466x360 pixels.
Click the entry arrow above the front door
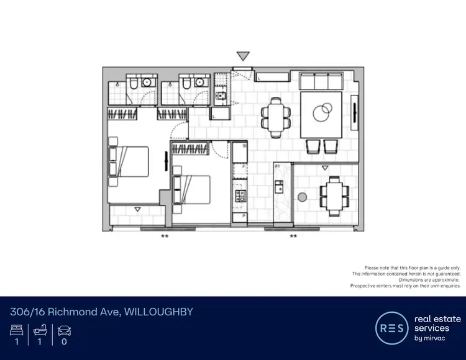(x=243, y=56)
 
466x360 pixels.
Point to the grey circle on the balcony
(x=302, y=197)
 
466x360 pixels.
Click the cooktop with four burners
(x=239, y=196)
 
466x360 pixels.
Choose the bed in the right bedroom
(x=192, y=189)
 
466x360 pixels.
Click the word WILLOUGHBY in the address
(x=159, y=311)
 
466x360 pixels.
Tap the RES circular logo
(x=391, y=327)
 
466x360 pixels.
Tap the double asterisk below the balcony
(x=293, y=236)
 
